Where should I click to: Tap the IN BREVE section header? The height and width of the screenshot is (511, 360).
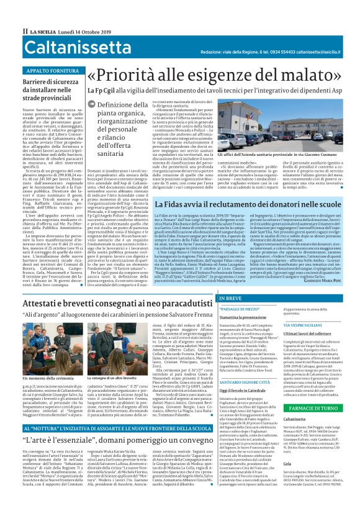click(231, 299)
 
